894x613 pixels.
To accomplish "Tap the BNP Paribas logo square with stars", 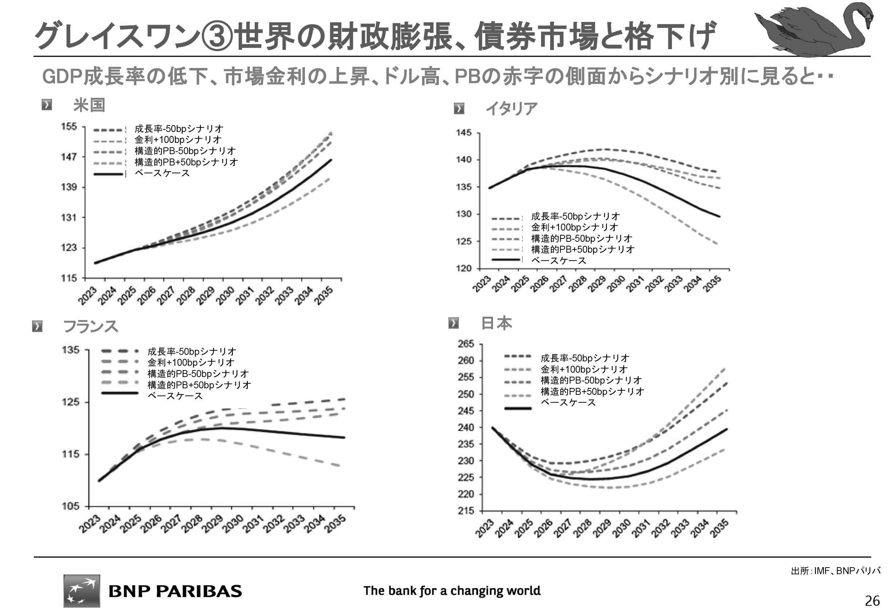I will click(x=82, y=591).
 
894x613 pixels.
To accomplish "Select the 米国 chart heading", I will click(x=89, y=105).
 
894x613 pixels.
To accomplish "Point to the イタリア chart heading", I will click(x=511, y=109).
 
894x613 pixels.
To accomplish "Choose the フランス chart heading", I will click(x=90, y=326).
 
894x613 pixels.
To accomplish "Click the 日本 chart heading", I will click(x=496, y=323).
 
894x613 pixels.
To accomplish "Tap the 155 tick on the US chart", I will click(x=69, y=127).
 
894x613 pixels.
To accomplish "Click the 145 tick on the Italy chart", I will click(x=464, y=133).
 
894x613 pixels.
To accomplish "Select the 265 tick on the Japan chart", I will click(x=466, y=344).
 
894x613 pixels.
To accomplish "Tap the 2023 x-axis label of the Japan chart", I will click(x=484, y=528).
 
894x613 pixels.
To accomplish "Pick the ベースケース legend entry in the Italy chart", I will click(x=559, y=261).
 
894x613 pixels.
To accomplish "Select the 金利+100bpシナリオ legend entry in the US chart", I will click(x=178, y=140).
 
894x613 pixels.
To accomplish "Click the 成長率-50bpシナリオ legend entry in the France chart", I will click(x=191, y=351).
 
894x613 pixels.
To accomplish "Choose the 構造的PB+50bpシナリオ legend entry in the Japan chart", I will click(x=592, y=391).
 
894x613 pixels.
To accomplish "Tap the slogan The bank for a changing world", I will click(x=452, y=591).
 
